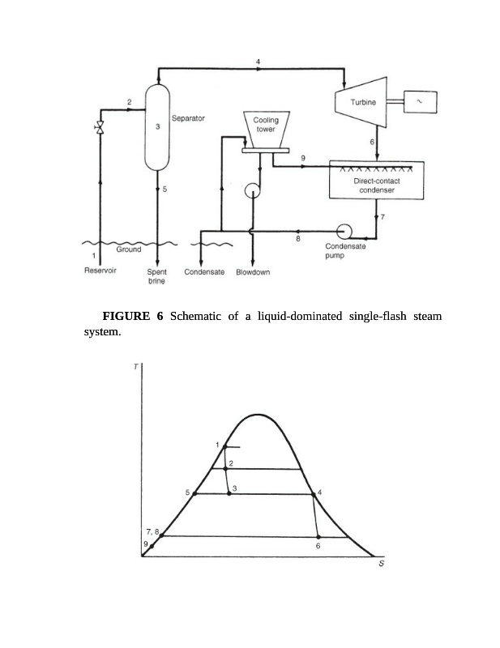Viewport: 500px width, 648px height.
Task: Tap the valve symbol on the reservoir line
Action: click(x=100, y=128)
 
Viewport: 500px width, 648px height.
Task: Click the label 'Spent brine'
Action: click(x=156, y=277)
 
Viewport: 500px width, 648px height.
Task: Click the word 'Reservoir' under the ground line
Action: click(x=100, y=272)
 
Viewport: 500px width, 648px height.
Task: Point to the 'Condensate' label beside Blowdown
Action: click(x=204, y=273)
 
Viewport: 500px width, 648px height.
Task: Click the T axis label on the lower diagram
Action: click(x=135, y=367)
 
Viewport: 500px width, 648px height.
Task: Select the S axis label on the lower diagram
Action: click(x=381, y=565)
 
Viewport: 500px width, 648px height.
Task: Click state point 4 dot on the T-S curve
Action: click(x=312, y=494)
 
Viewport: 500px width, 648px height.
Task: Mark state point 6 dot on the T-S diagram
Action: click(x=318, y=537)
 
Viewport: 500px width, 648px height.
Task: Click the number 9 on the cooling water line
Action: click(x=303, y=156)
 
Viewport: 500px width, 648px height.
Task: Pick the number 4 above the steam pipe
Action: click(x=259, y=62)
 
